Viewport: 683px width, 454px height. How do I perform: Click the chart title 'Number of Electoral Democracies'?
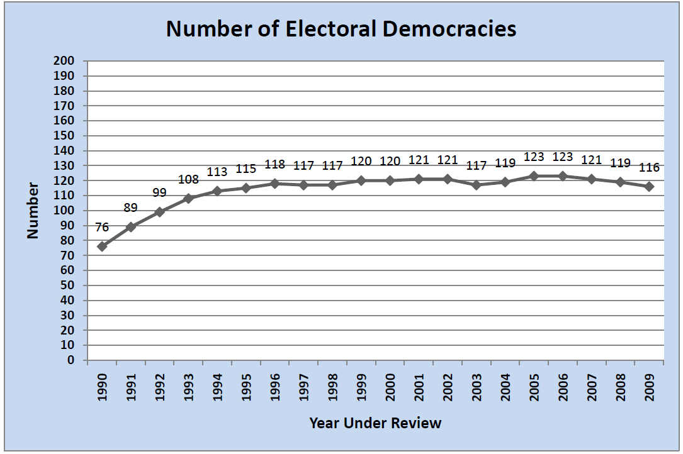341,29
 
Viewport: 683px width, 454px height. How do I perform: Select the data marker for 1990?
102,246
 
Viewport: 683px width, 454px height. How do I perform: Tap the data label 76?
102,227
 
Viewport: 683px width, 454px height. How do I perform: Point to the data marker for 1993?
188,199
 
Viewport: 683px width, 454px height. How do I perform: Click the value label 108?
188,179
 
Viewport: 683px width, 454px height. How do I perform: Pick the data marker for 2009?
649,187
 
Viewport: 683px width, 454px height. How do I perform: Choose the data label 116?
649,167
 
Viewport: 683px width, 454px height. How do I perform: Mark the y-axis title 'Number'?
33,211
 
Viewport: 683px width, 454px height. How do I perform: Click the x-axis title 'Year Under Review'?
375,423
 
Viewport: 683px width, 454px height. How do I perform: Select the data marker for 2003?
477,185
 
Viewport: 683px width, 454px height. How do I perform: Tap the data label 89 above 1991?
131,208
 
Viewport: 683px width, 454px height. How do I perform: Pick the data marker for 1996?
275,184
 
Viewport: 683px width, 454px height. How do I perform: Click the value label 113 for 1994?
217,172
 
